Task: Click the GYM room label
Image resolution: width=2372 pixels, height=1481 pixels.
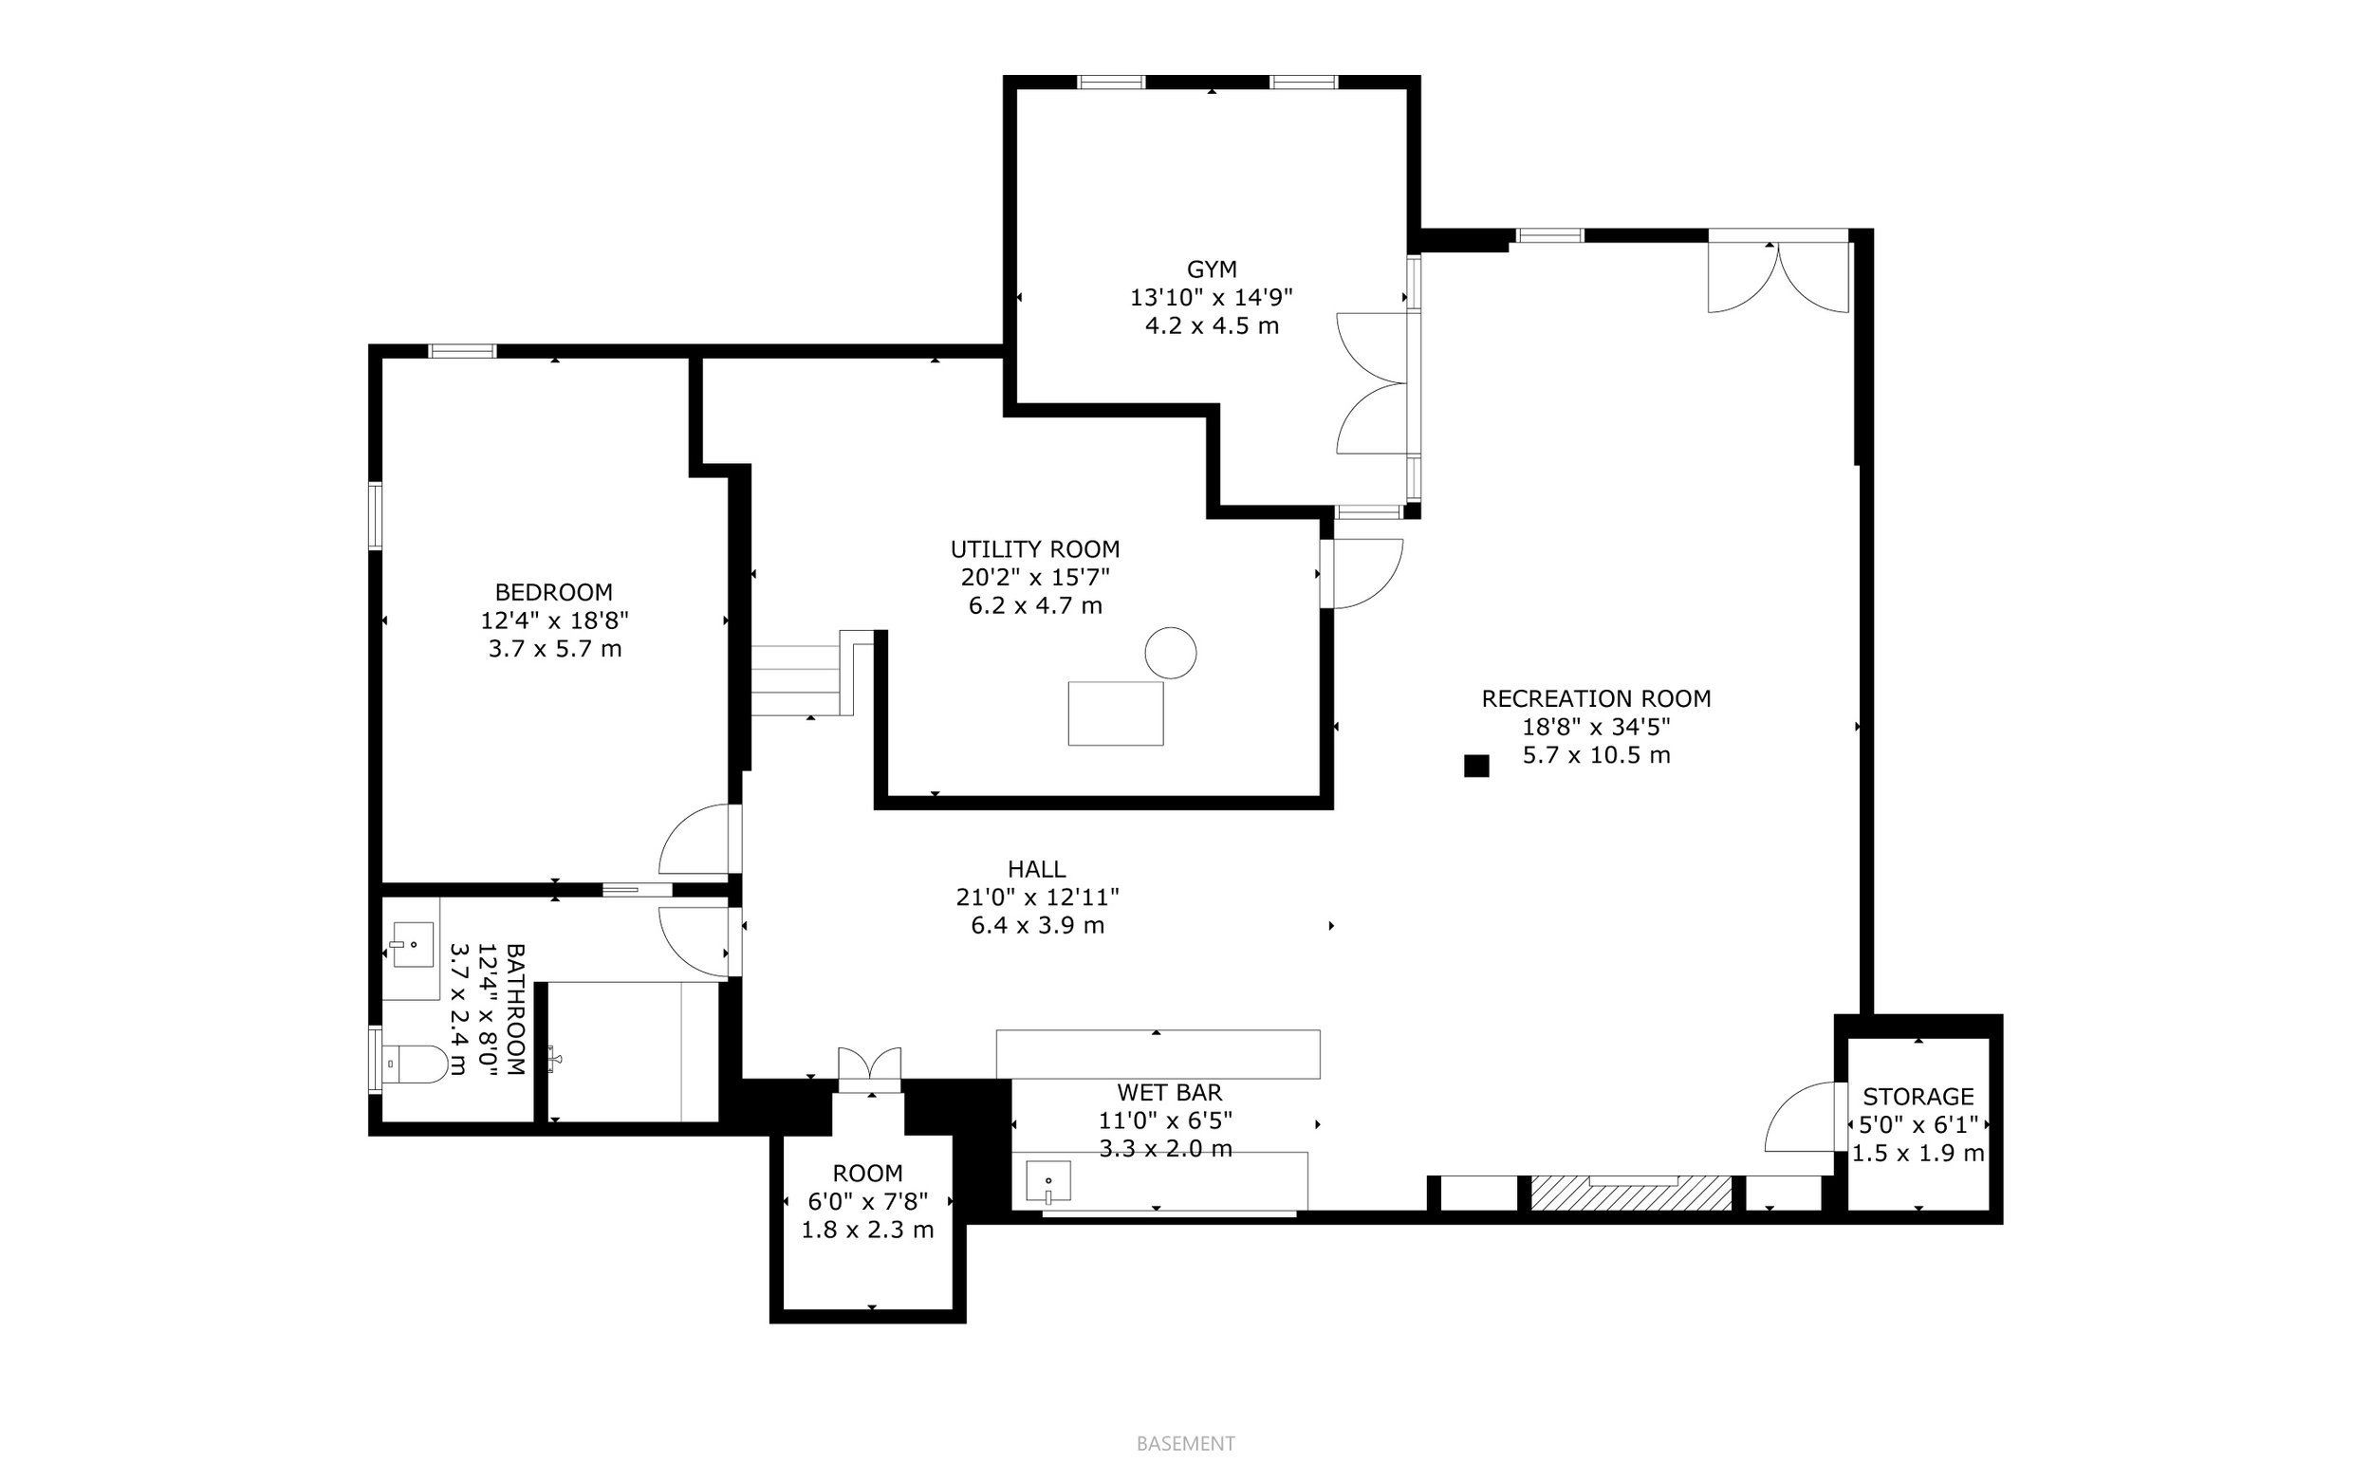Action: tap(1212, 269)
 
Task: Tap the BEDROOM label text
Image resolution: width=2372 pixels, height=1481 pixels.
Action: tap(553, 593)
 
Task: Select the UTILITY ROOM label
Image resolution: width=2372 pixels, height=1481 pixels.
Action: tap(1035, 549)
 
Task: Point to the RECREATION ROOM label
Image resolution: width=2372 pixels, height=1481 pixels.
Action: tap(1596, 699)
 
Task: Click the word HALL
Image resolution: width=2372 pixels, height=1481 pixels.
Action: tap(1037, 869)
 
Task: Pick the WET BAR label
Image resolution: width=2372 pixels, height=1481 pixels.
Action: tap(1169, 1092)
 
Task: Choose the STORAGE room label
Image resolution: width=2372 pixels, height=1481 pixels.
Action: tap(1918, 1097)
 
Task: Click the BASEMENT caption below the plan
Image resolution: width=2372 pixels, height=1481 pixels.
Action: tap(1185, 1444)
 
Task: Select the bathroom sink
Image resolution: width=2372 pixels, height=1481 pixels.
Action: tap(413, 944)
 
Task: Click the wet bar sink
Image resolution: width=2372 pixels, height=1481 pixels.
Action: tap(1047, 1181)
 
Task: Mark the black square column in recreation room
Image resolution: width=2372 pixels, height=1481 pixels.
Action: tap(1476, 766)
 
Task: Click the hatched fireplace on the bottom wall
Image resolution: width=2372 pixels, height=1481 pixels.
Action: tap(1631, 1193)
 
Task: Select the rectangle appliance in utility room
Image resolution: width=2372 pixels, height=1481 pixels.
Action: tap(1116, 713)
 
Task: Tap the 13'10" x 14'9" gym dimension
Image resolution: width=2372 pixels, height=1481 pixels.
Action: tap(1212, 298)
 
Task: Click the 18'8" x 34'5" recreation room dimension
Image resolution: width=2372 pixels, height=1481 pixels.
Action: tap(1596, 727)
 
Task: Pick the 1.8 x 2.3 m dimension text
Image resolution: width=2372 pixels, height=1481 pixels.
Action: tap(868, 1231)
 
